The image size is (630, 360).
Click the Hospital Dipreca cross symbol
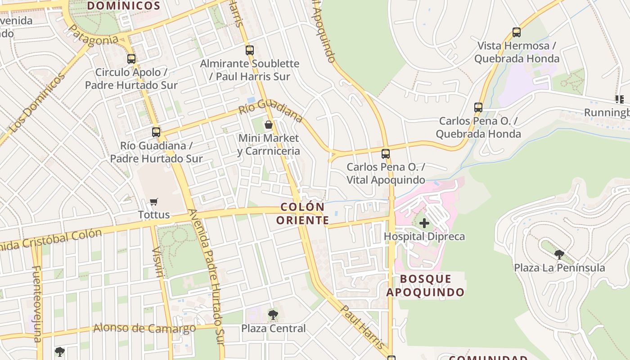[424, 223]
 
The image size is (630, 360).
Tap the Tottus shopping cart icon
[154, 202]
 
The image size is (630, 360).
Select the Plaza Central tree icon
[273, 315]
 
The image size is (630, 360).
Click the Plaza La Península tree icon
[559, 255]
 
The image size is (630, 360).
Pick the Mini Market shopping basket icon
[269, 125]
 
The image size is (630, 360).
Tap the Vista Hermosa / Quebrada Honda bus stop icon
[516, 32]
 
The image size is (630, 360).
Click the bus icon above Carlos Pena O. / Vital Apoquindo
[386, 154]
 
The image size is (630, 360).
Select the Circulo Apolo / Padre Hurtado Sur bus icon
[131, 58]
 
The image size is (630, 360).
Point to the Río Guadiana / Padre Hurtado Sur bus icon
[156, 132]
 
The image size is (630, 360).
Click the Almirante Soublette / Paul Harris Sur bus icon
[250, 50]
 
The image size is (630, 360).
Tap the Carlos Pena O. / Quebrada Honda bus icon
[478, 108]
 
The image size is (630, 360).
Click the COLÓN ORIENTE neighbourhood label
[302, 214]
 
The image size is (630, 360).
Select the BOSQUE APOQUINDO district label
[425, 285]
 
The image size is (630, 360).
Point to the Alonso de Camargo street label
[144, 328]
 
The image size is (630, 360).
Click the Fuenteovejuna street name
[37, 303]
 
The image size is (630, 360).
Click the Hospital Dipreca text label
[424, 236]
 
